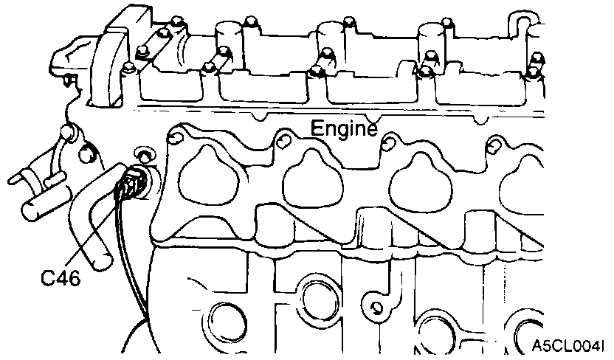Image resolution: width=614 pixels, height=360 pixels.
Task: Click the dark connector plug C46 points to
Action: [x=133, y=181]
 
